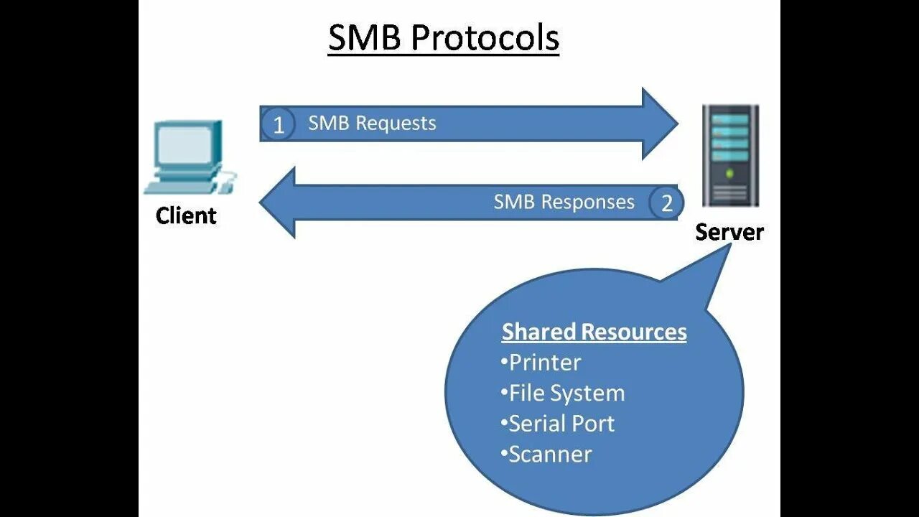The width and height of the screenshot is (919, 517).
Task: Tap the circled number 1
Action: pos(279,125)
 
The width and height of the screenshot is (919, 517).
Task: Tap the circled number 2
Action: pos(666,203)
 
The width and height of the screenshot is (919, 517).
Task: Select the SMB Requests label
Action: pos(372,123)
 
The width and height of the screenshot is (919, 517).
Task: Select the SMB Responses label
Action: pos(564,202)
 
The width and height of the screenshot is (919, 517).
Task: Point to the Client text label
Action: pos(186,215)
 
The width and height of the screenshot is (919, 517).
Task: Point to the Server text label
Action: pos(729,231)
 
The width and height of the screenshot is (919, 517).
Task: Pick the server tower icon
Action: pos(729,155)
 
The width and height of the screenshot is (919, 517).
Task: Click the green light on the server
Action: pos(730,173)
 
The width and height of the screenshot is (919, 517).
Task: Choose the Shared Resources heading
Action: pos(594,332)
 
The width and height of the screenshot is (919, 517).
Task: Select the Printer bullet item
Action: pos(541,362)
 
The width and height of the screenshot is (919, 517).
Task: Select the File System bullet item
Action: pos(563,393)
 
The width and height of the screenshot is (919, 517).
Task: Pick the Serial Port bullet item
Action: pos(558,424)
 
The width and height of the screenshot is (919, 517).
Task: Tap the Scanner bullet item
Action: pos(546,455)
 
